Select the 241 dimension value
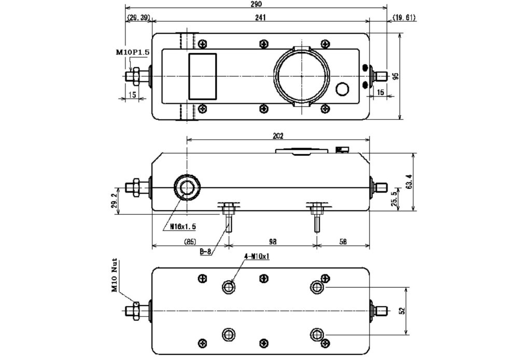[x=260, y=17]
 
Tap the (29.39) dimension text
[x=138, y=17]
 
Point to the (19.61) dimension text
[x=404, y=17]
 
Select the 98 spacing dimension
[x=273, y=242]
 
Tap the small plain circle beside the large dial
[x=343, y=89]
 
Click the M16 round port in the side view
[x=187, y=187]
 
